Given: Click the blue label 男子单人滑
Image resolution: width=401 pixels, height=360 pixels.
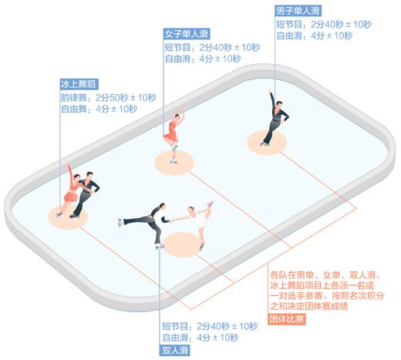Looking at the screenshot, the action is coord(298,11).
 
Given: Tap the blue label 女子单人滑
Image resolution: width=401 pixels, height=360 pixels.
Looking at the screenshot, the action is coord(187,34).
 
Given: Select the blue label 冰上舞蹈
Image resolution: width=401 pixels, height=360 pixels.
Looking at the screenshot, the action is coord(79,84).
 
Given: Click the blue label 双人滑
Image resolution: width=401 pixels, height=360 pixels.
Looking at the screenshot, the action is coord(174,350).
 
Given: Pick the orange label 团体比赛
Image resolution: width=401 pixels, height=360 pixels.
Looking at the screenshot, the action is coord(287,319).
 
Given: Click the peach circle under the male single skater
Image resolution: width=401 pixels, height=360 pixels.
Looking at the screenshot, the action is coord(267,143).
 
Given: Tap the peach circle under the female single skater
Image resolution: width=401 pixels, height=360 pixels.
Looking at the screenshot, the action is coord(174,163).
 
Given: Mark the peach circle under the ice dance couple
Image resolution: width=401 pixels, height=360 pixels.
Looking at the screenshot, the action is coord(69,217).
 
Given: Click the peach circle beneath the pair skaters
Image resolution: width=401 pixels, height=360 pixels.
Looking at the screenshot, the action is coord(183,244).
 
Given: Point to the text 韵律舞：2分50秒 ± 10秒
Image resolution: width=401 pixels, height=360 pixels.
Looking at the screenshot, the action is coord(109,98).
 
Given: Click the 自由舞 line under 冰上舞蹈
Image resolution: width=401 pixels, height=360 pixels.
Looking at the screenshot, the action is coord(99,109).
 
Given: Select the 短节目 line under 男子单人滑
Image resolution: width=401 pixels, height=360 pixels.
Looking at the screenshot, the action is coord(324,25).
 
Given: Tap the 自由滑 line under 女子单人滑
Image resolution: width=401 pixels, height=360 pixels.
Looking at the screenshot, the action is coord(203,59).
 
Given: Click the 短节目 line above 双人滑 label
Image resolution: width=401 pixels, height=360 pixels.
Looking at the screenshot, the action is coord(210,327).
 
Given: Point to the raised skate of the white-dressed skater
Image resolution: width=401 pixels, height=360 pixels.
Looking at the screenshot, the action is coord(211,204).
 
